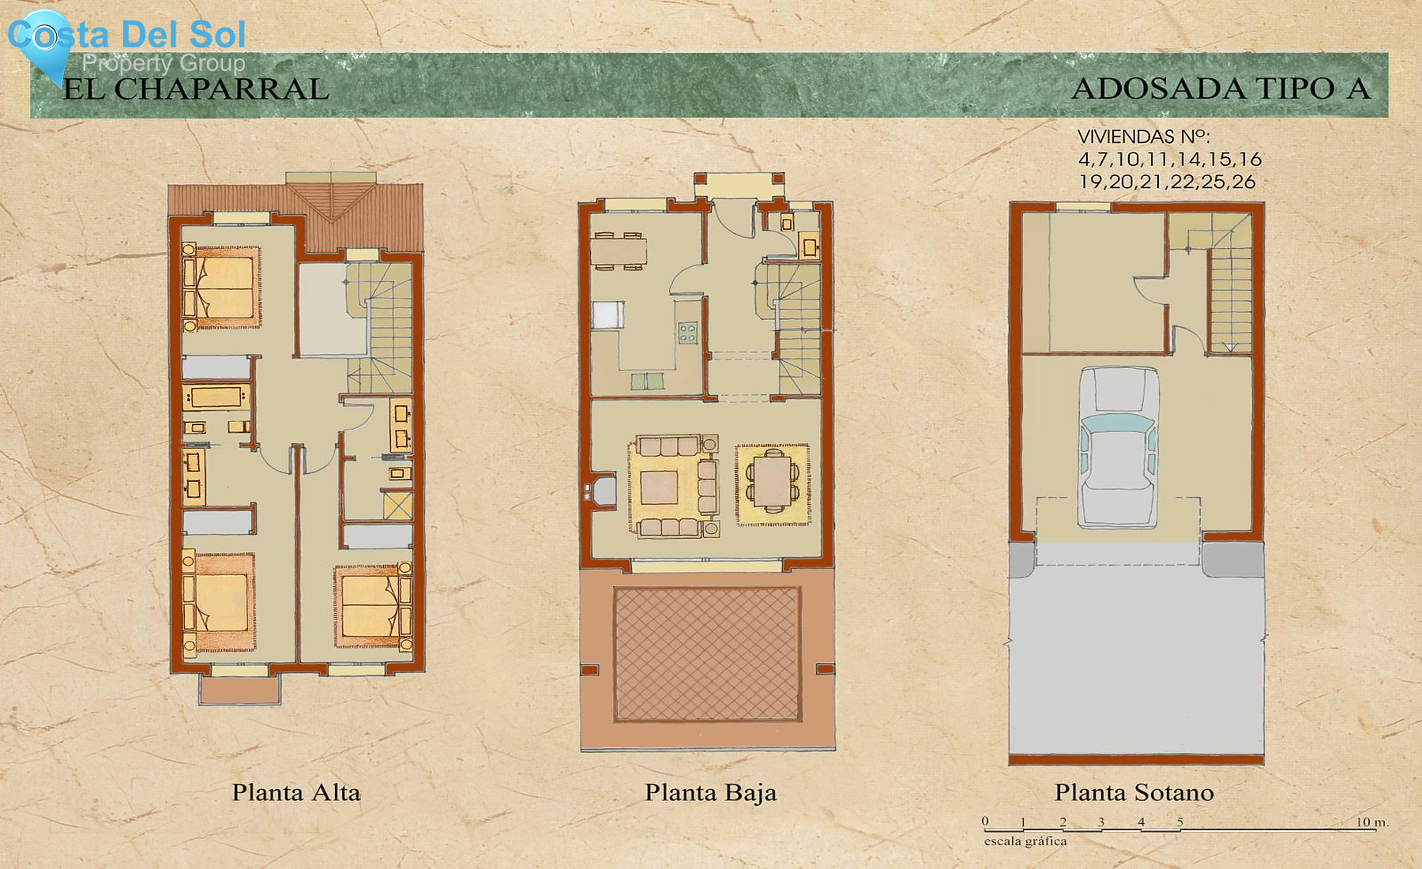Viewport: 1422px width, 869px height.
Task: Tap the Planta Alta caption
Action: click(295, 792)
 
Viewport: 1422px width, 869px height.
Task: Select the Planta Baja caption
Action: click(710, 792)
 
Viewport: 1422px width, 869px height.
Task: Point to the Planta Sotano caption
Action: click(1134, 792)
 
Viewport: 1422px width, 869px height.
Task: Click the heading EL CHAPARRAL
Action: click(195, 89)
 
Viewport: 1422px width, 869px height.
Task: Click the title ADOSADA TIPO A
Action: click(1221, 88)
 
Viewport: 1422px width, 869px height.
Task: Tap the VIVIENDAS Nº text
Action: click(1143, 137)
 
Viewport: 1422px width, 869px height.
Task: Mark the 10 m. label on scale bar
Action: click(1371, 822)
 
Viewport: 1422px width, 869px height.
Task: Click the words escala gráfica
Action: click(1025, 841)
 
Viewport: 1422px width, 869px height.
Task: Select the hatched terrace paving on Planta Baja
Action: click(707, 654)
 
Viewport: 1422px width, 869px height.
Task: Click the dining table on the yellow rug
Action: click(773, 483)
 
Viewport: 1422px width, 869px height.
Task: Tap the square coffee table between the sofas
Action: click(659, 487)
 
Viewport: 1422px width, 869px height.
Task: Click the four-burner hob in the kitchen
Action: click(687, 333)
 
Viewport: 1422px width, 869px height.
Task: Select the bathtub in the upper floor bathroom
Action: click(216, 397)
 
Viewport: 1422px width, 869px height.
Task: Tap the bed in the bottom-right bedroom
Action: click(370, 606)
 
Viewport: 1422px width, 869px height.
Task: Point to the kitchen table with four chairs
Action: click(618, 251)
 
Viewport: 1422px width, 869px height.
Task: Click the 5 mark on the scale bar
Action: click(1180, 822)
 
